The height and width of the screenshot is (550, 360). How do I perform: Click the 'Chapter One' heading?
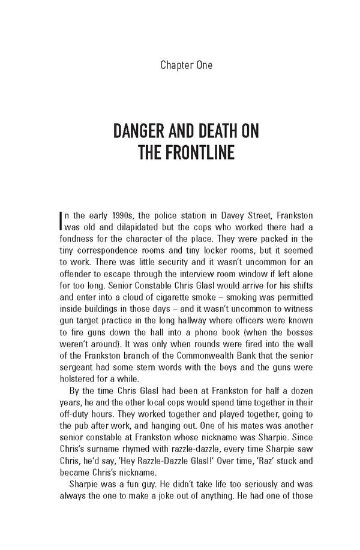point(179,65)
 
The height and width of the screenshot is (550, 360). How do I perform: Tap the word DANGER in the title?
point(146,131)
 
